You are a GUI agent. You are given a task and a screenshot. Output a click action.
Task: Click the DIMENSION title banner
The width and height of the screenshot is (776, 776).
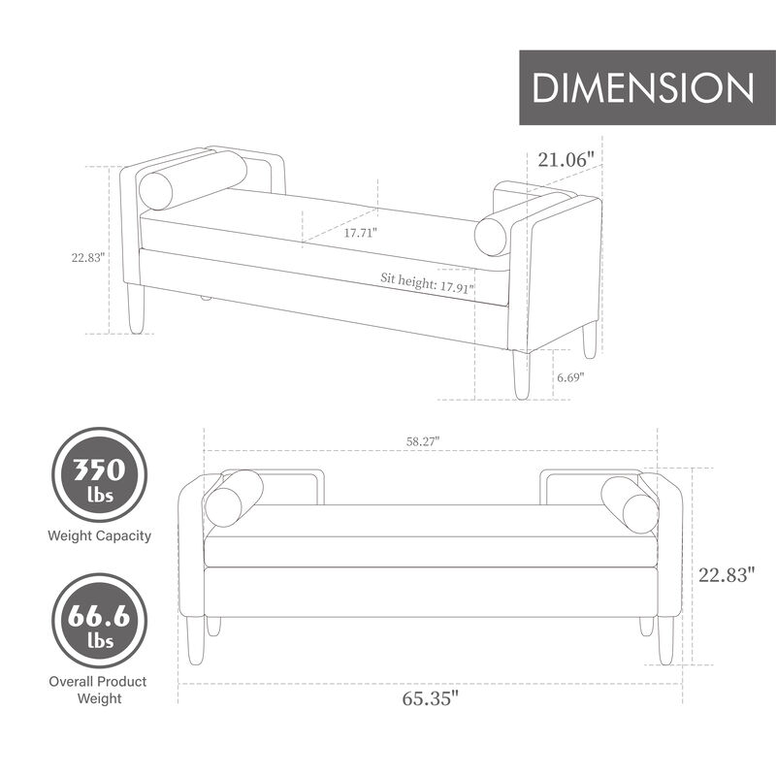point(643,87)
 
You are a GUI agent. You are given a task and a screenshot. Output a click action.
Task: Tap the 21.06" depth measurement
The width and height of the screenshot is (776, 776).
point(566,159)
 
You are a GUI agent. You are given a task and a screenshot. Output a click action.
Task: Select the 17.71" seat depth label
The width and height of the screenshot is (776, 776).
point(361,233)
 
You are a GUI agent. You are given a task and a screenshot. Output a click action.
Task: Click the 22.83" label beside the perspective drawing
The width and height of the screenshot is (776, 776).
point(87,258)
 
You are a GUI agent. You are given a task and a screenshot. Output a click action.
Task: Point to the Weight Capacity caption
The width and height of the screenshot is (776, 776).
point(101,535)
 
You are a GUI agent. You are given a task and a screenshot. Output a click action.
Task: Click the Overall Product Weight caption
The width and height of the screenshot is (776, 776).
point(99,690)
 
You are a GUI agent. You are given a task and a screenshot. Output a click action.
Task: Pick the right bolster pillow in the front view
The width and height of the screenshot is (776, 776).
point(629,503)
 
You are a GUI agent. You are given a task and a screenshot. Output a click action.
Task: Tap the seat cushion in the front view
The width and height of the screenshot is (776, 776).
point(427,548)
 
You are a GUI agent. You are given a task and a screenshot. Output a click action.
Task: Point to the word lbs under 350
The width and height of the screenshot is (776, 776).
point(101,496)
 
